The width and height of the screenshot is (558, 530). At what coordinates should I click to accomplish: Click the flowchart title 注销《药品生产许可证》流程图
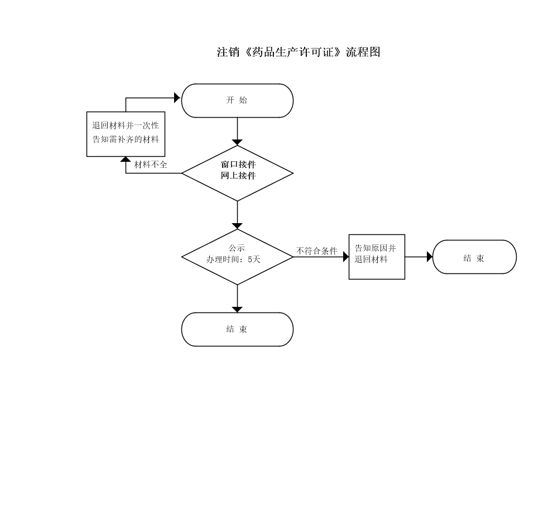coord(299,52)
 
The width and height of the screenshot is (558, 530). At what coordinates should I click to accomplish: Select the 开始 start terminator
coord(237,100)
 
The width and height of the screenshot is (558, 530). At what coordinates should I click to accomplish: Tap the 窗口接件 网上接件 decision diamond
coord(237,174)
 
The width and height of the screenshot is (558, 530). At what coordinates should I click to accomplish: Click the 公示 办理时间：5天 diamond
coord(237,257)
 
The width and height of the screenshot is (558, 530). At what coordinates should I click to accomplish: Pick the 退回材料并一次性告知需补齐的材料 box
coord(126,134)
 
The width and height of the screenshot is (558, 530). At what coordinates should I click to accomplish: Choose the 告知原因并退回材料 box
coord(377,257)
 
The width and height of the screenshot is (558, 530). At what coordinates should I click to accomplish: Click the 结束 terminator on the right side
coord(474,257)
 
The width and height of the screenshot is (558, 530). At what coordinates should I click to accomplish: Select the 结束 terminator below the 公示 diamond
coord(237,329)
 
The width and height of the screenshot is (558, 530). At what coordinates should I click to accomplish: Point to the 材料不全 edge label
coord(151,165)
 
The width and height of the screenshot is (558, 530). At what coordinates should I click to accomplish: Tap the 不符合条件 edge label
coord(317,251)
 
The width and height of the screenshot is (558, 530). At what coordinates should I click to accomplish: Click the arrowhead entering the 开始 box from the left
coord(177,98)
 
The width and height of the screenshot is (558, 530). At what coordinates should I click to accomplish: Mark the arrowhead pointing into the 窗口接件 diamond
coord(237,143)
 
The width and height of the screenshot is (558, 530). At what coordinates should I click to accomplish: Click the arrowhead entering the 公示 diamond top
coord(237,227)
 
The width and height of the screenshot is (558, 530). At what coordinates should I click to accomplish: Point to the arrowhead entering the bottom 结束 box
coord(237,310)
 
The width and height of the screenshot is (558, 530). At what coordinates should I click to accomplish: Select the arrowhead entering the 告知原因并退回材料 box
coord(346,257)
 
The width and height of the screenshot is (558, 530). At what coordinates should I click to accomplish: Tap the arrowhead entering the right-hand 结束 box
coord(430,257)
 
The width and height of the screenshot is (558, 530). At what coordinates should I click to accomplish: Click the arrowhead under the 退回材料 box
coord(126,160)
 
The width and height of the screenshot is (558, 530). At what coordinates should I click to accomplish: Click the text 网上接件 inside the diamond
coord(238,176)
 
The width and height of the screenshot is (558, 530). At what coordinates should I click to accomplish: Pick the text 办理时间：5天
coord(233,259)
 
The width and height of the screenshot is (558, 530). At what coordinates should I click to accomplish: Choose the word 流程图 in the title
coord(363,52)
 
